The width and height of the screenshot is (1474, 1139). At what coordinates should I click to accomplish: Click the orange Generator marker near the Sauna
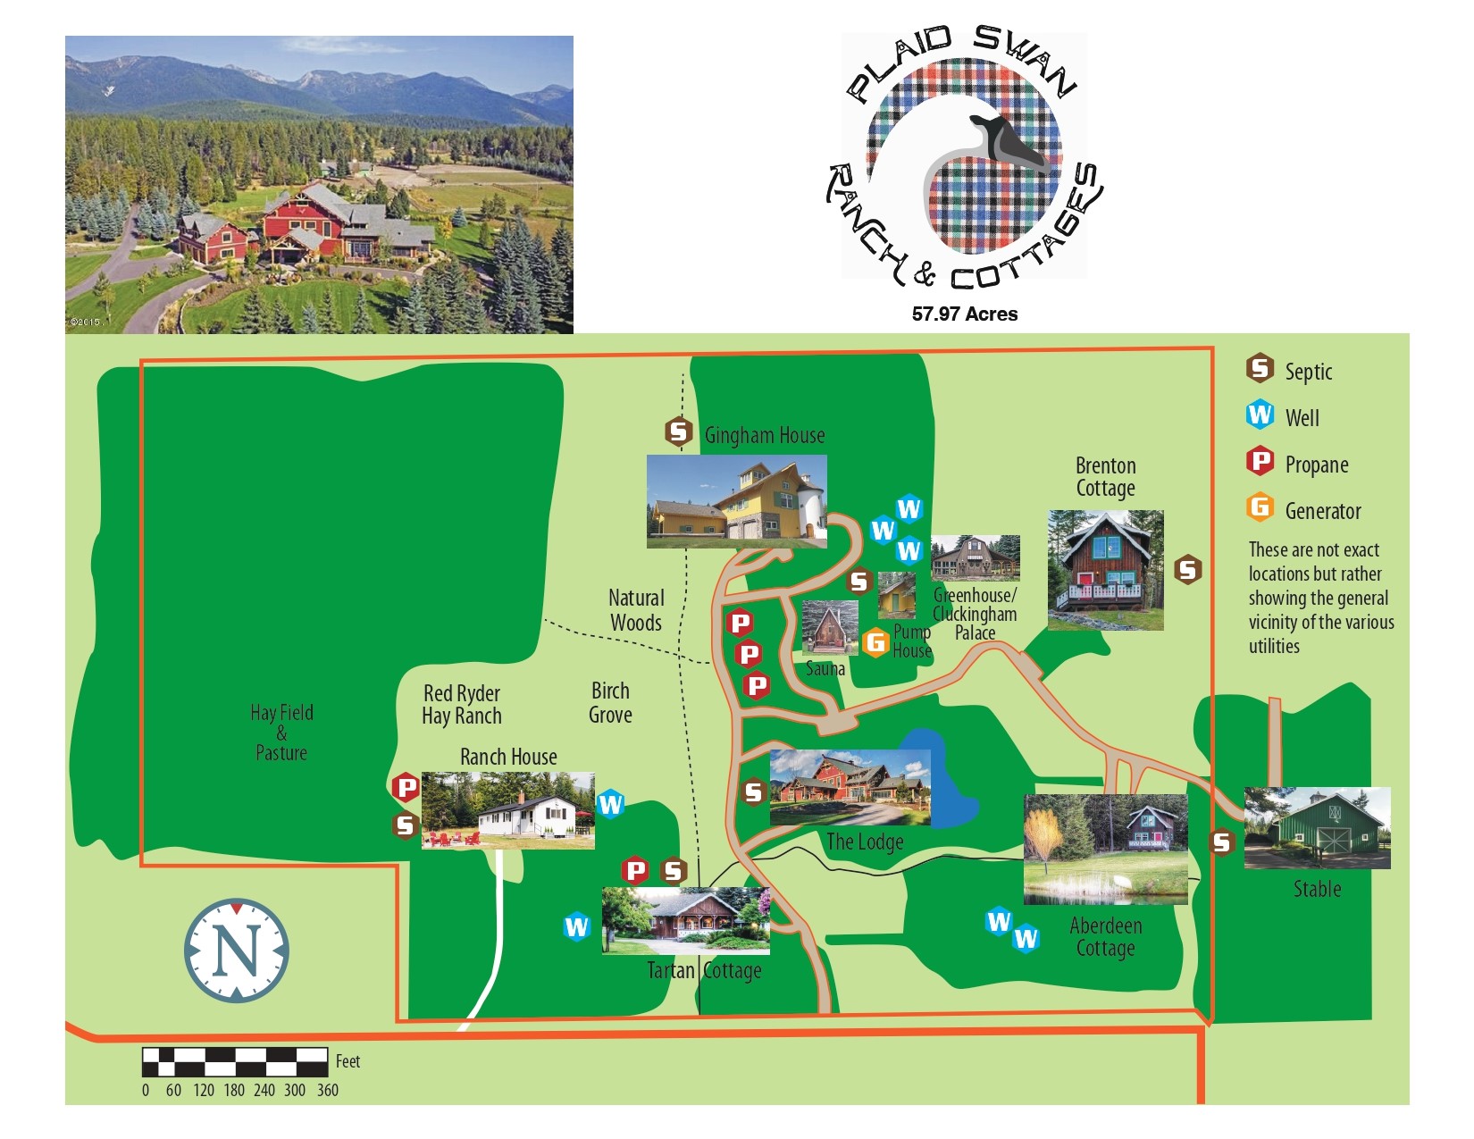tap(875, 641)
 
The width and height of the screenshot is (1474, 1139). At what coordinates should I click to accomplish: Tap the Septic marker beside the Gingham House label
tap(679, 432)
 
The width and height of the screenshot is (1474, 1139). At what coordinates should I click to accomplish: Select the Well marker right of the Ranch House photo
tap(610, 804)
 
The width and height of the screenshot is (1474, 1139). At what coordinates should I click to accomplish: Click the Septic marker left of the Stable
tap(1221, 842)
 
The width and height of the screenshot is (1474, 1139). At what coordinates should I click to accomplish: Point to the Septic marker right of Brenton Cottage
tap(1187, 569)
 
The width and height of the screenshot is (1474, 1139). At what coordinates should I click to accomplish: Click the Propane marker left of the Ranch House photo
tap(406, 787)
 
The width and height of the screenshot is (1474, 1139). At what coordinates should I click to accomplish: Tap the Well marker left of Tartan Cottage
tap(576, 927)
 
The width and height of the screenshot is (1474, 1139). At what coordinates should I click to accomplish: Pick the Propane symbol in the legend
tap(1260, 461)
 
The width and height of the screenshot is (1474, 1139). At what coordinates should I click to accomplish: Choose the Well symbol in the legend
tap(1260, 415)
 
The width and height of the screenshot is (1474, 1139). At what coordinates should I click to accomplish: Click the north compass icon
tap(237, 951)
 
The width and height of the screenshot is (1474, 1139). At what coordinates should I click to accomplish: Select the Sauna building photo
tap(830, 628)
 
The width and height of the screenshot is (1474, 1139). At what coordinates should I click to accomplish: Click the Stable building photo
tap(1317, 828)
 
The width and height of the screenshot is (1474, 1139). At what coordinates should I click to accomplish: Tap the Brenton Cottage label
tap(1105, 477)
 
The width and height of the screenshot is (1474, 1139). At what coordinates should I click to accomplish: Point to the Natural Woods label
tap(636, 610)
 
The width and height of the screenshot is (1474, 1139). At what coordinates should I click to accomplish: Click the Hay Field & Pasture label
tap(281, 733)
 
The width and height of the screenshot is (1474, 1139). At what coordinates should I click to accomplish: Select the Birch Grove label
tap(610, 703)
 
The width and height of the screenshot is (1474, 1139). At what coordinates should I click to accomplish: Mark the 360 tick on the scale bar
tap(327, 1090)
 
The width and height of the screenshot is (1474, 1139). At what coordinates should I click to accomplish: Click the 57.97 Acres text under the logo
tap(965, 314)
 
